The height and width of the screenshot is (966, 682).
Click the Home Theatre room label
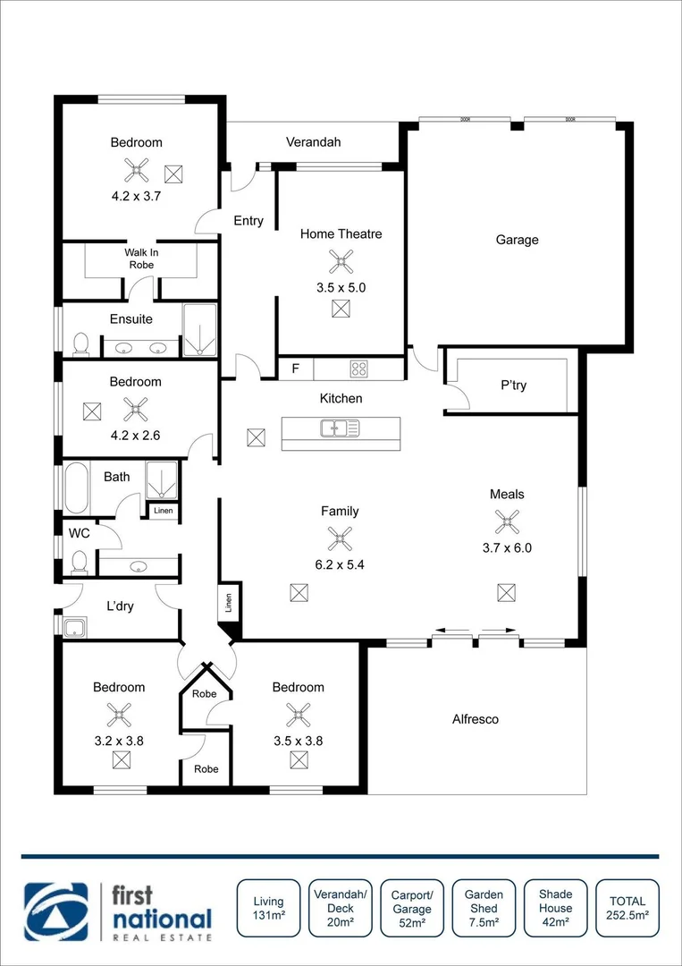[x=341, y=234]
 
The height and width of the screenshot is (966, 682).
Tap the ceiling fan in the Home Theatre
[x=341, y=261]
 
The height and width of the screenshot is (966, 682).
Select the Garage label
[x=517, y=240]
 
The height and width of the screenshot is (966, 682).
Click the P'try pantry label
[x=513, y=386]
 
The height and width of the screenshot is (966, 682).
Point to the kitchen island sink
[x=340, y=429]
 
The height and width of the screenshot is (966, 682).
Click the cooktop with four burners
[x=359, y=368]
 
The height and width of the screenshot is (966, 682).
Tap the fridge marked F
[x=295, y=368]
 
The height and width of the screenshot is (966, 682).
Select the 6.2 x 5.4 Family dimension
[x=340, y=565]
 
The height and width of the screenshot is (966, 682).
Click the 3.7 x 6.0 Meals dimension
[x=507, y=548]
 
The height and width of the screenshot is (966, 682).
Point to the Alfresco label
[x=476, y=719]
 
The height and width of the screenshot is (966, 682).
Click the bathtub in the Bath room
[x=78, y=487]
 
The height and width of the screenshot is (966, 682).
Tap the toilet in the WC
[x=79, y=561]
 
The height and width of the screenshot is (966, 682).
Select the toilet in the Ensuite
[x=80, y=343]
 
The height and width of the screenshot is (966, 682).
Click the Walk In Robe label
[x=140, y=258]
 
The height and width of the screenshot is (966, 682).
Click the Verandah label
[x=313, y=142]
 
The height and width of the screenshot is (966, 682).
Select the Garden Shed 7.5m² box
[x=484, y=909]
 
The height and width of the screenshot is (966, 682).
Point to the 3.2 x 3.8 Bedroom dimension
[x=119, y=741]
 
